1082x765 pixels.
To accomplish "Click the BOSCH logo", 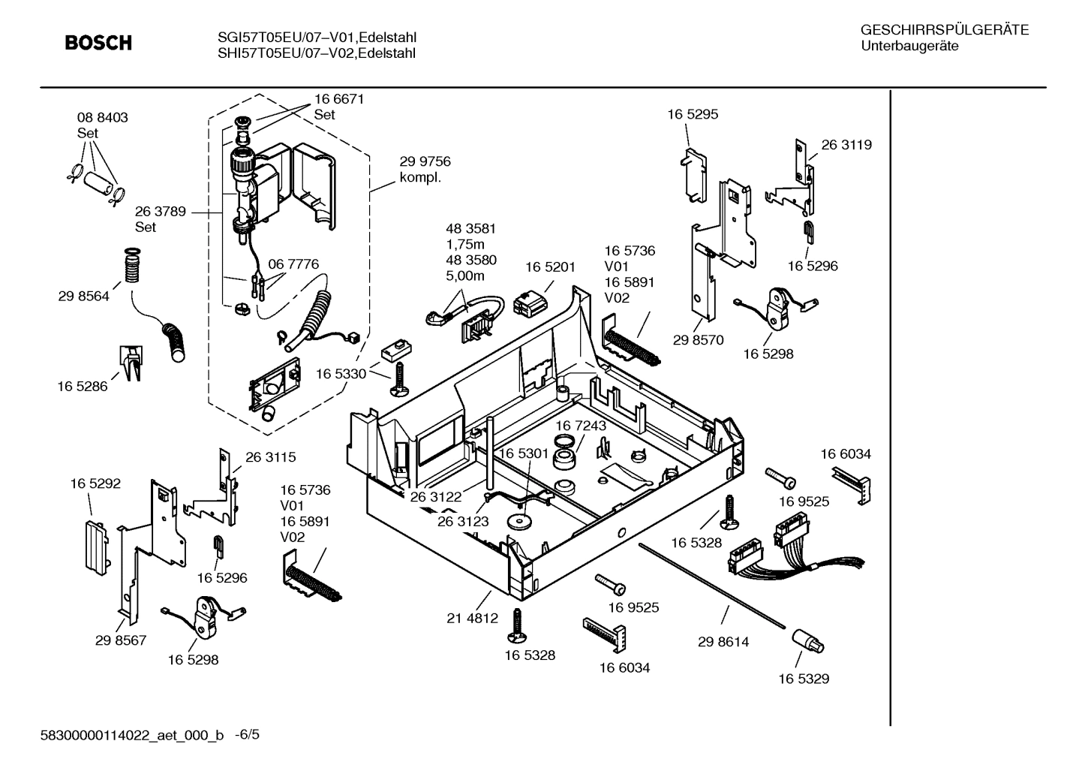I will point(98,44).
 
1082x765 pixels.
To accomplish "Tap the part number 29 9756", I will point(425,161).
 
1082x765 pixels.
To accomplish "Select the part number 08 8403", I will point(103,118).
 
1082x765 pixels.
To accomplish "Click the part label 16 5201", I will point(550,267).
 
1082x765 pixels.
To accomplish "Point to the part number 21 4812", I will point(472,619).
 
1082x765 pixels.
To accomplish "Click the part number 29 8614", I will point(723,642).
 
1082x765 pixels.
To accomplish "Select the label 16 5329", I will point(804,679).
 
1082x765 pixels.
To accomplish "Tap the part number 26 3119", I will point(846,145).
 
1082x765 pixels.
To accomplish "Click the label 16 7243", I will point(581,426).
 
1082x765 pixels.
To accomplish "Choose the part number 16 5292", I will point(95,484).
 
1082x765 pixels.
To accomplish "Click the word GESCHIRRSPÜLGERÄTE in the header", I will point(944,30).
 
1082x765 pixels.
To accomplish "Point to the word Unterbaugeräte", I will point(909,46).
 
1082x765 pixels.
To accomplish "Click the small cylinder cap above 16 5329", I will point(807,641).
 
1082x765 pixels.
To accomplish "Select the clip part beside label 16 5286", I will point(131,363).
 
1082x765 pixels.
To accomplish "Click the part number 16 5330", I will point(341,374).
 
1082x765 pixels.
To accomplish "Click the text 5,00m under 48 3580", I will point(465,276).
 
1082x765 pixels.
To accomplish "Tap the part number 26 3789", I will point(161,212).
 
